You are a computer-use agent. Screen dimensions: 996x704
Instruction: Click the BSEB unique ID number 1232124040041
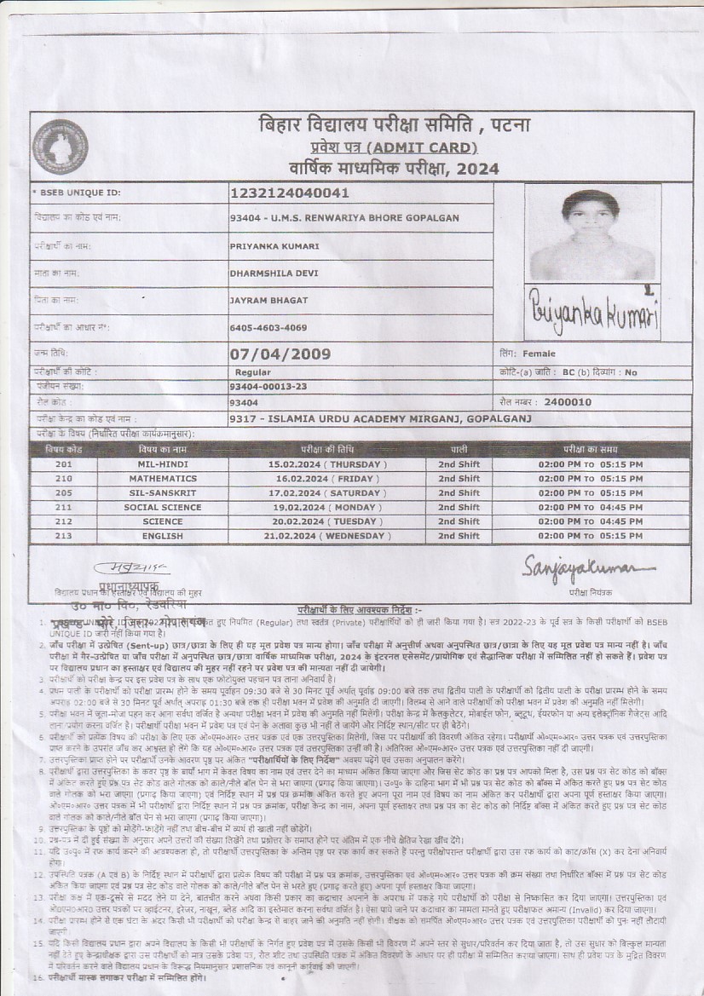click(289, 193)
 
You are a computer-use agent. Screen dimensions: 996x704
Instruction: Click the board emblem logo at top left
click(60, 146)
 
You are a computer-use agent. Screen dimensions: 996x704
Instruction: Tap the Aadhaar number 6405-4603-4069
click(268, 328)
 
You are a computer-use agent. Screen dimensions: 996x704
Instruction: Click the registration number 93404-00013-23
click(268, 387)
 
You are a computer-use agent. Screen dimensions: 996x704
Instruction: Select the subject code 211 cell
click(64, 507)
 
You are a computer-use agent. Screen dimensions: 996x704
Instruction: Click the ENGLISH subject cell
click(163, 536)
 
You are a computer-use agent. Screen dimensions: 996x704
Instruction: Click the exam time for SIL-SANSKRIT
click(591, 493)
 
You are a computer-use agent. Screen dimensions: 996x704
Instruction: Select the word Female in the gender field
click(539, 354)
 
